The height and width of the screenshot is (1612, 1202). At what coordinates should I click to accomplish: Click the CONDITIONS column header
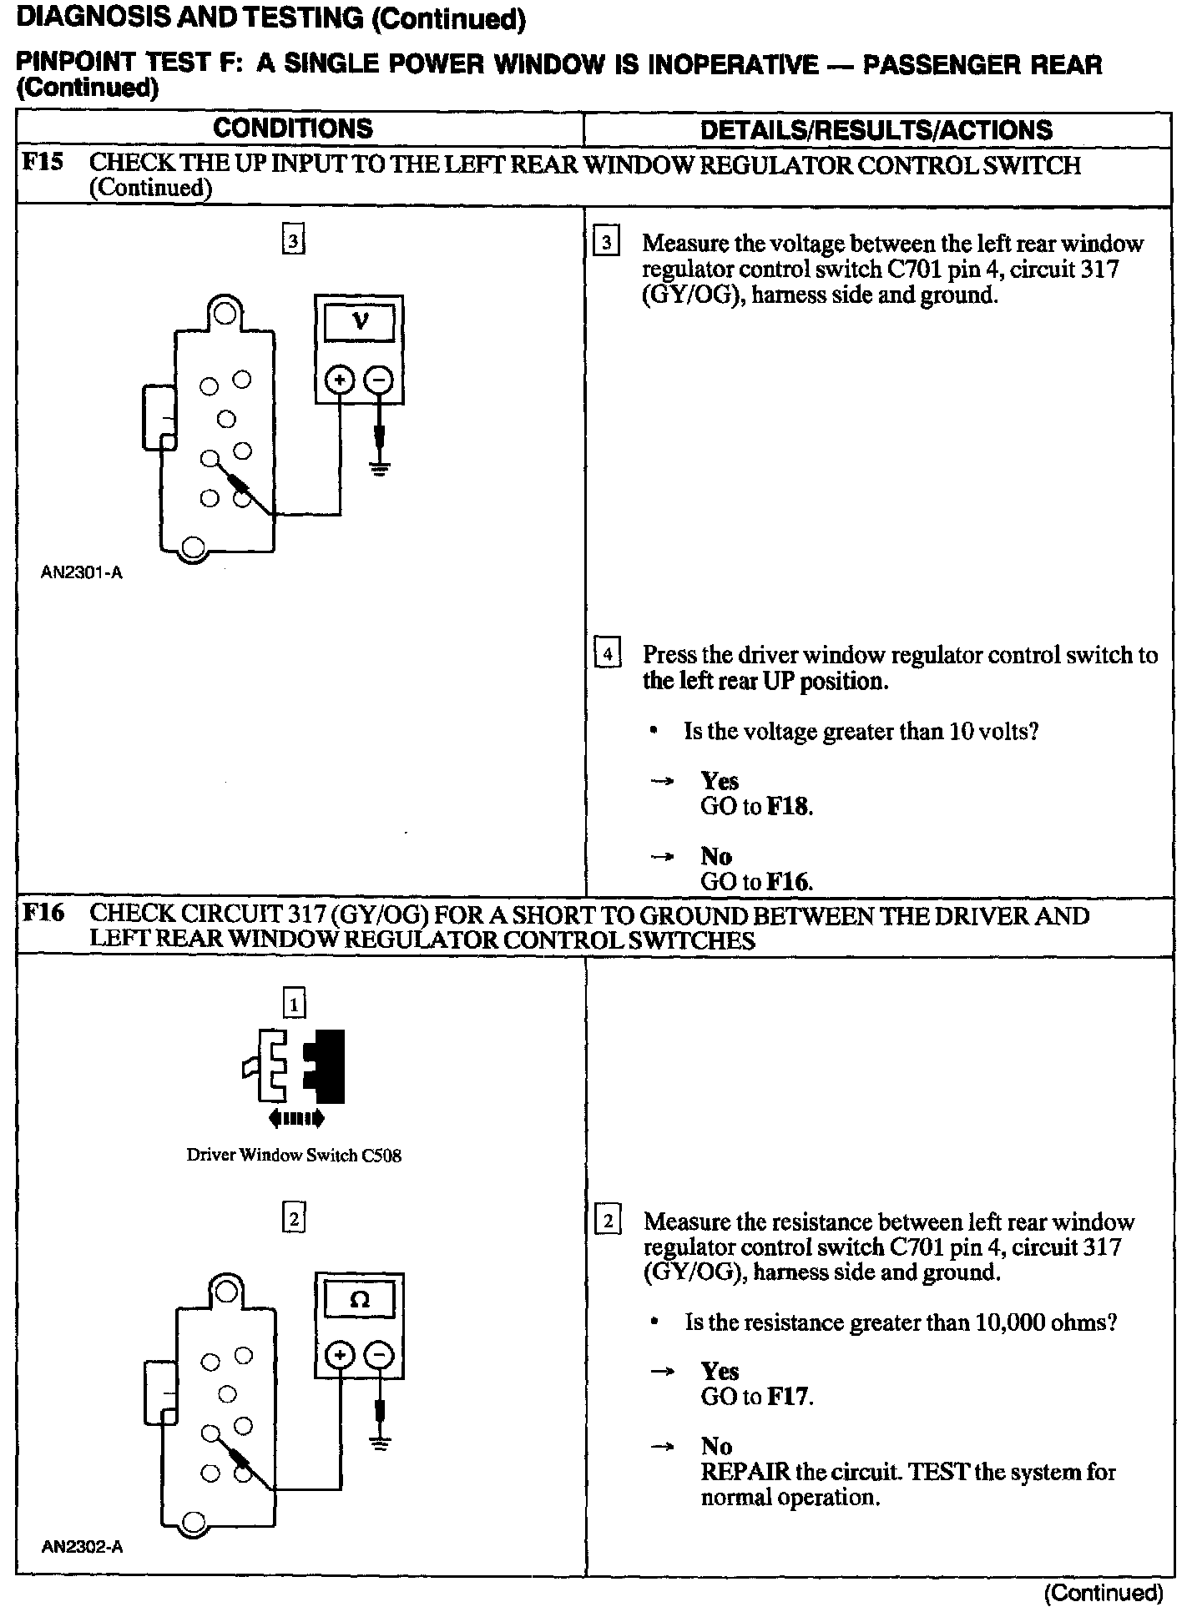point(292,128)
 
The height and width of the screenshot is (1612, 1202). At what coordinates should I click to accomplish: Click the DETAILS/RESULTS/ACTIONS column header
point(876,130)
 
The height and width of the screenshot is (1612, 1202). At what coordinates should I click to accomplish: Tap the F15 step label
point(41,162)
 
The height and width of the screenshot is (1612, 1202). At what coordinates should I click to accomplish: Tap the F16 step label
point(42,913)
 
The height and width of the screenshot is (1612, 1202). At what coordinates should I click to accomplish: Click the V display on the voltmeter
point(360,320)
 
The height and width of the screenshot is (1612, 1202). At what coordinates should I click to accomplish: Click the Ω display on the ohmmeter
point(360,1299)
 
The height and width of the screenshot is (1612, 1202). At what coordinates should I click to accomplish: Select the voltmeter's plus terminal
point(340,380)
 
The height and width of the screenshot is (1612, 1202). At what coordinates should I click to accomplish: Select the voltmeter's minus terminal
point(380,380)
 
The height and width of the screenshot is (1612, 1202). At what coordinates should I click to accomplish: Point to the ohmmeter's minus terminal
point(380,1355)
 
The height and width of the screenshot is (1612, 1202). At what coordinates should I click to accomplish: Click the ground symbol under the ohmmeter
point(381,1444)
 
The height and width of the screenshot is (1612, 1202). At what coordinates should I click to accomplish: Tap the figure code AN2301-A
point(82,573)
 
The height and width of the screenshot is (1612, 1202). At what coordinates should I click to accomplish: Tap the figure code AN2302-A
point(82,1547)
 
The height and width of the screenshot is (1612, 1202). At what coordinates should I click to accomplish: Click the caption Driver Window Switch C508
point(294,1156)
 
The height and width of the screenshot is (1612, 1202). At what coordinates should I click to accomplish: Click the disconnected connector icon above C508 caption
point(295,1067)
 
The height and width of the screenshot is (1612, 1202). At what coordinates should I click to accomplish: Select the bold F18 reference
point(789,807)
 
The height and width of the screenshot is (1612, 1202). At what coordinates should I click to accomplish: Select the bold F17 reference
point(789,1397)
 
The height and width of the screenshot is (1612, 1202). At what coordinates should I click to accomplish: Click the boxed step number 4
point(607,654)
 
